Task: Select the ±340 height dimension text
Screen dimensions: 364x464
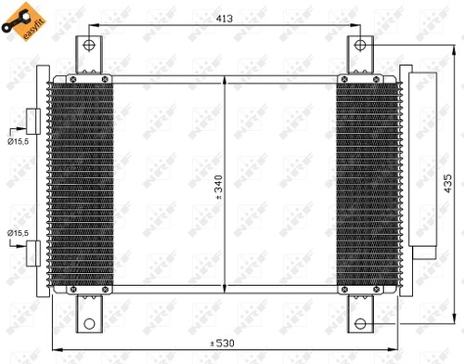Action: point(219,187)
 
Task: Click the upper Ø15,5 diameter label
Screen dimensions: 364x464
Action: point(17,140)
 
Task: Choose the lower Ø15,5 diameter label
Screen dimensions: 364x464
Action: point(17,232)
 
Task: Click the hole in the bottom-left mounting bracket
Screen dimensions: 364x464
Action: point(89,324)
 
